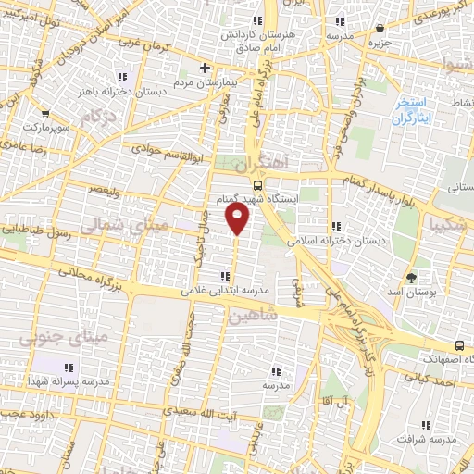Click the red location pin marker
coord(239,218)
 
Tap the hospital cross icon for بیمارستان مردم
coord(206,68)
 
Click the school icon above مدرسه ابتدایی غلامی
coord(225,276)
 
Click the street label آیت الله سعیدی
coord(206,412)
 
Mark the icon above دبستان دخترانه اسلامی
coord(336,226)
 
